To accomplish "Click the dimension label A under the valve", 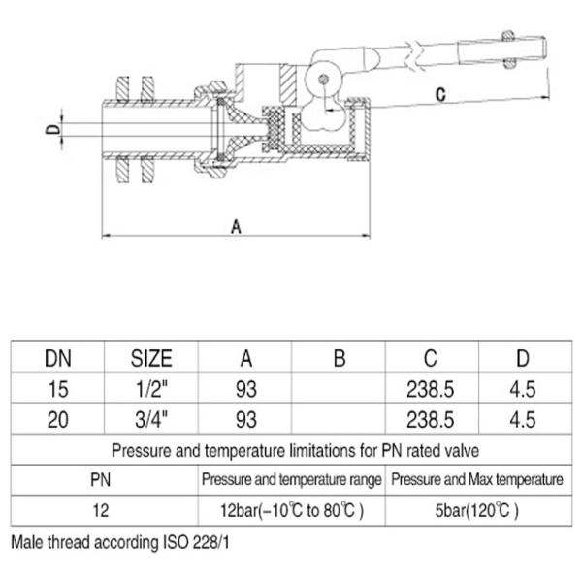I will coord(236,225).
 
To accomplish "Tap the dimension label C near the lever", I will coord(439,95).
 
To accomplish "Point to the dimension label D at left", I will coord(55,128).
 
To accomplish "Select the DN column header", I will coord(56,359).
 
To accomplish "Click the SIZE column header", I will coord(150,359).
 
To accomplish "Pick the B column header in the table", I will coord(339,359).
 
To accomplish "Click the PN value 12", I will coord(101,509).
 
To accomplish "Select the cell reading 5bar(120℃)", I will coord(475,509).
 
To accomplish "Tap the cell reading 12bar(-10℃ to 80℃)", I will coord(292,509).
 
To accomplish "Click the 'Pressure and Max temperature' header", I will coord(475,479).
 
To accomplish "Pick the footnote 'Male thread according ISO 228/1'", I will coord(120,543).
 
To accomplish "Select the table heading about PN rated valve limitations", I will coord(291,451).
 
